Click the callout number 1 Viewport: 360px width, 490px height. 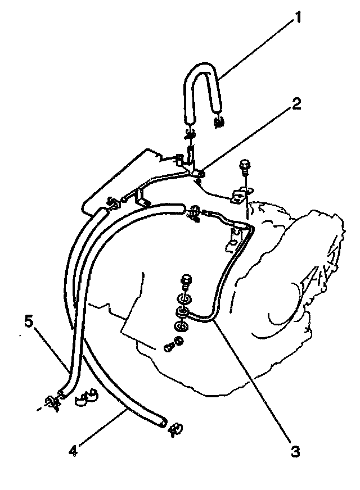[298, 19]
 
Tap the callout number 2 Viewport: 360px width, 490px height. [296, 105]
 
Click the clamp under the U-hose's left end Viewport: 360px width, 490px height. [190, 134]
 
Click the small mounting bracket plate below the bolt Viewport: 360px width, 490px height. [239, 197]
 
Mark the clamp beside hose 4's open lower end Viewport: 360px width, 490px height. [175, 428]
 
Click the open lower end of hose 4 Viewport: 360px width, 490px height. [163, 420]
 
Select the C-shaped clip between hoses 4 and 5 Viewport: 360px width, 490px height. [85, 397]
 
